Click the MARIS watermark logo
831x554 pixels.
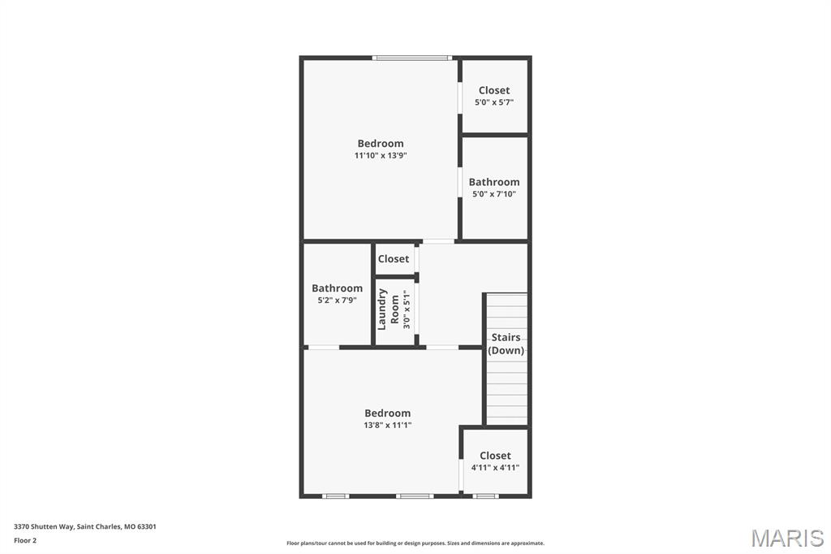pyautogui.click(x=786, y=538)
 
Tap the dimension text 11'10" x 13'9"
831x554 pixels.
pyautogui.click(x=380, y=155)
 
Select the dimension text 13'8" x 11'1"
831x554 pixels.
pyautogui.click(x=387, y=425)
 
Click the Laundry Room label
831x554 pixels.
pyautogui.click(x=388, y=309)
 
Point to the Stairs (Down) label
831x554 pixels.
pyautogui.click(x=506, y=344)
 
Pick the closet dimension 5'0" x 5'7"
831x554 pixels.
pyautogui.click(x=494, y=102)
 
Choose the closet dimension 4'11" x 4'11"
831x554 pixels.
pyautogui.click(x=495, y=467)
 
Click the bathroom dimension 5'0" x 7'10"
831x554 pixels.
pyautogui.click(x=494, y=194)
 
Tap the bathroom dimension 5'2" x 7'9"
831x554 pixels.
pyautogui.click(x=337, y=300)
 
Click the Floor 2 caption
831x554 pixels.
pyautogui.click(x=25, y=540)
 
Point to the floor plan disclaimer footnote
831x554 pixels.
pyautogui.click(x=415, y=543)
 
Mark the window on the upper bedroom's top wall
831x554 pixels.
pyautogui.click(x=411, y=58)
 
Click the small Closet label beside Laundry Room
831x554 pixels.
pyautogui.click(x=394, y=259)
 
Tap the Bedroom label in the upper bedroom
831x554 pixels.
pyautogui.click(x=381, y=144)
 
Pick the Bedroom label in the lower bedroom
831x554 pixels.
pyautogui.click(x=387, y=413)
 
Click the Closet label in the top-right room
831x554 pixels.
pyautogui.click(x=494, y=90)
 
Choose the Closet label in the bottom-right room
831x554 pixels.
pyautogui.click(x=495, y=456)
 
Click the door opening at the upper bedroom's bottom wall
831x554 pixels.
pyautogui.click(x=438, y=241)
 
